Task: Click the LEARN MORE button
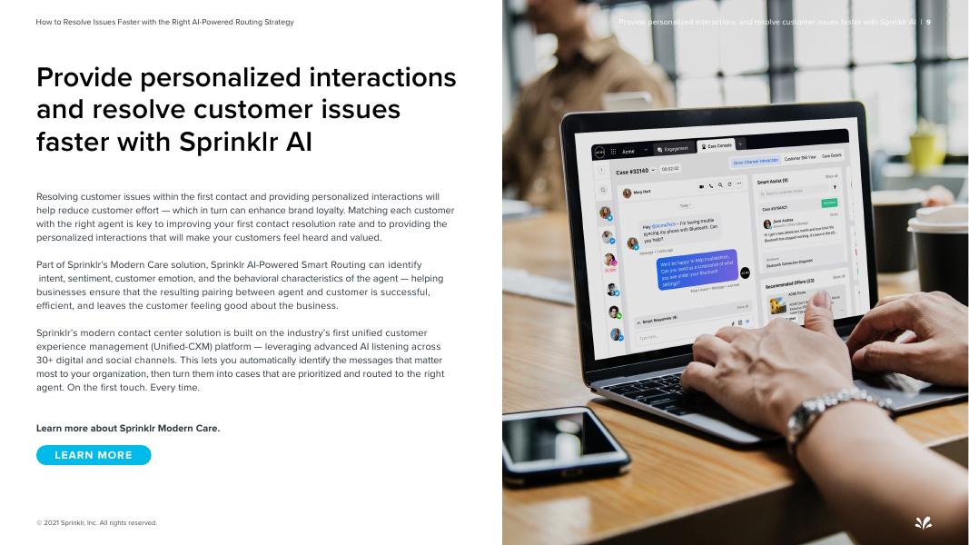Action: click(94, 455)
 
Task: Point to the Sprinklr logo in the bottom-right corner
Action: click(923, 522)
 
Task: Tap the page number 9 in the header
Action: click(928, 22)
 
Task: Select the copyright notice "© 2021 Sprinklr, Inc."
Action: click(96, 523)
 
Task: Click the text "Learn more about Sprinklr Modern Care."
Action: click(128, 428)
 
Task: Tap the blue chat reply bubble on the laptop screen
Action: click(697, 270)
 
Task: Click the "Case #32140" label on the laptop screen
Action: click(635, 172)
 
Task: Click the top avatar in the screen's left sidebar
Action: click(606, 213)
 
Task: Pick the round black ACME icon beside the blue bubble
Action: click(745, 272)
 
